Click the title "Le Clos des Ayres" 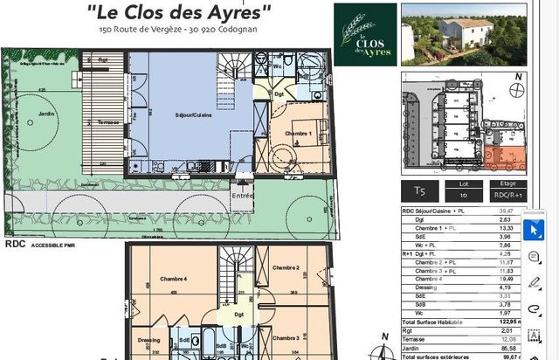click(x=180, y=11)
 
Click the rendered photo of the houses click(x=463, y=35)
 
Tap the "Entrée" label click(x=242, y=197)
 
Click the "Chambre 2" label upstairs click(x=286, y=267)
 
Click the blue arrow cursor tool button click(x=534, y=230)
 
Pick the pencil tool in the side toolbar click(x=534, y=281)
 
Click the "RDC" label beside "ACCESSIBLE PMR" click(x=14, y=246)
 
